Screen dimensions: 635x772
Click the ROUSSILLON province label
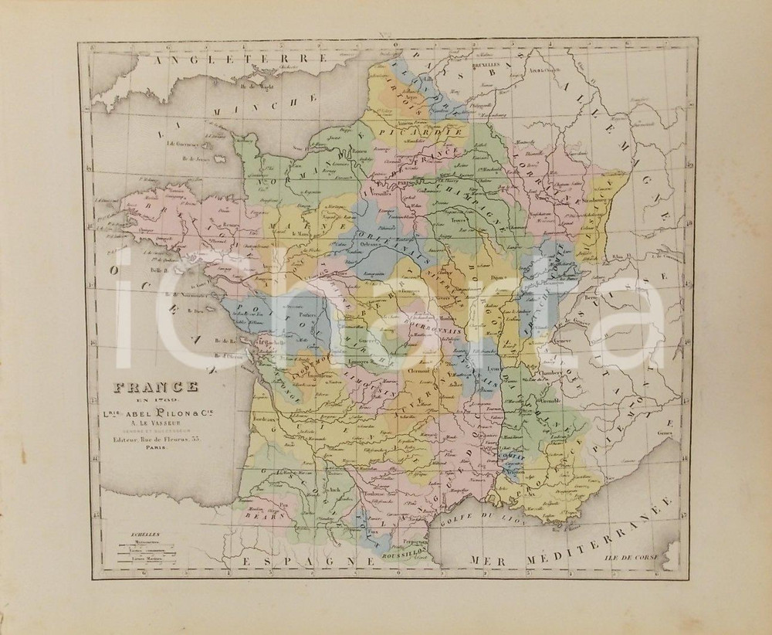coord(399,552)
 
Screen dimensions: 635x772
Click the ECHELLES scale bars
coord(146,551)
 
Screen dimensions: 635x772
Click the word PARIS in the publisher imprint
coord(146,447)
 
